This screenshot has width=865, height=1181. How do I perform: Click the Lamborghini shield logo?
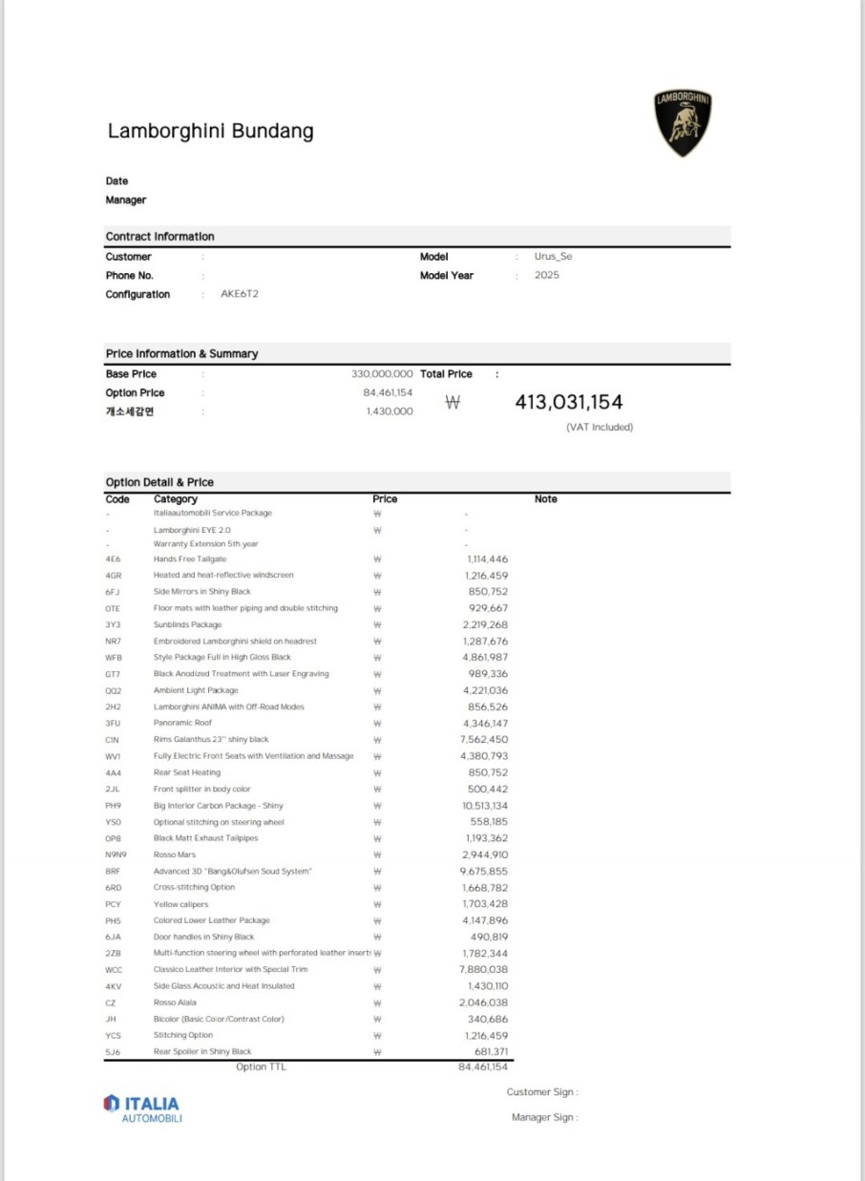[683, 123]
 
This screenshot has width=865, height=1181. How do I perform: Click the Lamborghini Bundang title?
[210, 131]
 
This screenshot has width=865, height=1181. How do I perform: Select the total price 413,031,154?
[568, 402]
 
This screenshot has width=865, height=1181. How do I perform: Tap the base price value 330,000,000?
[382, 374]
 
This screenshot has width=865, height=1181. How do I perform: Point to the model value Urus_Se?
[553, 256]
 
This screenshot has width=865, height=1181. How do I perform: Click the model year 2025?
[547, 275]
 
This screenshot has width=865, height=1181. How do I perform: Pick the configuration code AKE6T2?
[240, 294]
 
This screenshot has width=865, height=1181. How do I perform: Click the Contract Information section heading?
[159, 236]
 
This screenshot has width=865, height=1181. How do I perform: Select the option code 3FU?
[113, 723]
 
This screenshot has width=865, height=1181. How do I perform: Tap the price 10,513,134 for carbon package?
[484, 805]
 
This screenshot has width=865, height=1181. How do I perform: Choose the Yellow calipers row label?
[180, 904]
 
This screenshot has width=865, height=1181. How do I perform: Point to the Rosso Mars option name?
[175, 854]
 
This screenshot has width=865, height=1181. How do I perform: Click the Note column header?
[545, 499]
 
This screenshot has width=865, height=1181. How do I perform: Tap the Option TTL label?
[260, 1066]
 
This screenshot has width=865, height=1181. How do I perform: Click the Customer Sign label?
[541, 1091]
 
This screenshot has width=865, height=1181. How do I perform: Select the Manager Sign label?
[544, 1117]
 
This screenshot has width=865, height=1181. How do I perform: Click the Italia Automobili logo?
[141, 1107]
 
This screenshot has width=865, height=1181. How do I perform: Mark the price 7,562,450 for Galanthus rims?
[485, 739]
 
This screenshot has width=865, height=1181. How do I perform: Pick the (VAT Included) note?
[599, 427]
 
